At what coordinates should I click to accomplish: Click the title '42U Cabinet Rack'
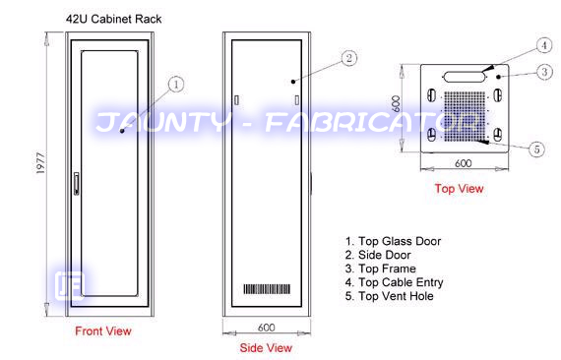[114, 19]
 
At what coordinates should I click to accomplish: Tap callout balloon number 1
[176, 85]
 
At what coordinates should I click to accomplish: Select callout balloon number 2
[349, 58]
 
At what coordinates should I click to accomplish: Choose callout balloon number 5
[536, 150]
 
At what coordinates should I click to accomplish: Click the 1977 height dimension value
[41, 163]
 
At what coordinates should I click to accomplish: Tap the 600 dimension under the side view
[266, 328]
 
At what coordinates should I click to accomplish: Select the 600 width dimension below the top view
[463, 163]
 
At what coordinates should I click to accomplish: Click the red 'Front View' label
[103, 331]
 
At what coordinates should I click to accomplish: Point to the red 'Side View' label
[266, 347]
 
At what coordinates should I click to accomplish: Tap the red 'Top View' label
[459, 189]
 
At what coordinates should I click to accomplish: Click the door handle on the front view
[76, 183]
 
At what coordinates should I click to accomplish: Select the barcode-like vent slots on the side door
[267, 289]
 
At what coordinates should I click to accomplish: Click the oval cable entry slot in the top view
[464, 77]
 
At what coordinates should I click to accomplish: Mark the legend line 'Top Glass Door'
[394, 241]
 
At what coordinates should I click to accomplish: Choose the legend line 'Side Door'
[378, 255]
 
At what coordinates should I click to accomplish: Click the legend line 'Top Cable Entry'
[395, 282]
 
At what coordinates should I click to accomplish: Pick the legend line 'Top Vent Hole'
[390, 296]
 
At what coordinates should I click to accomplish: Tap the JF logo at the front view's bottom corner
[70, 285]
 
